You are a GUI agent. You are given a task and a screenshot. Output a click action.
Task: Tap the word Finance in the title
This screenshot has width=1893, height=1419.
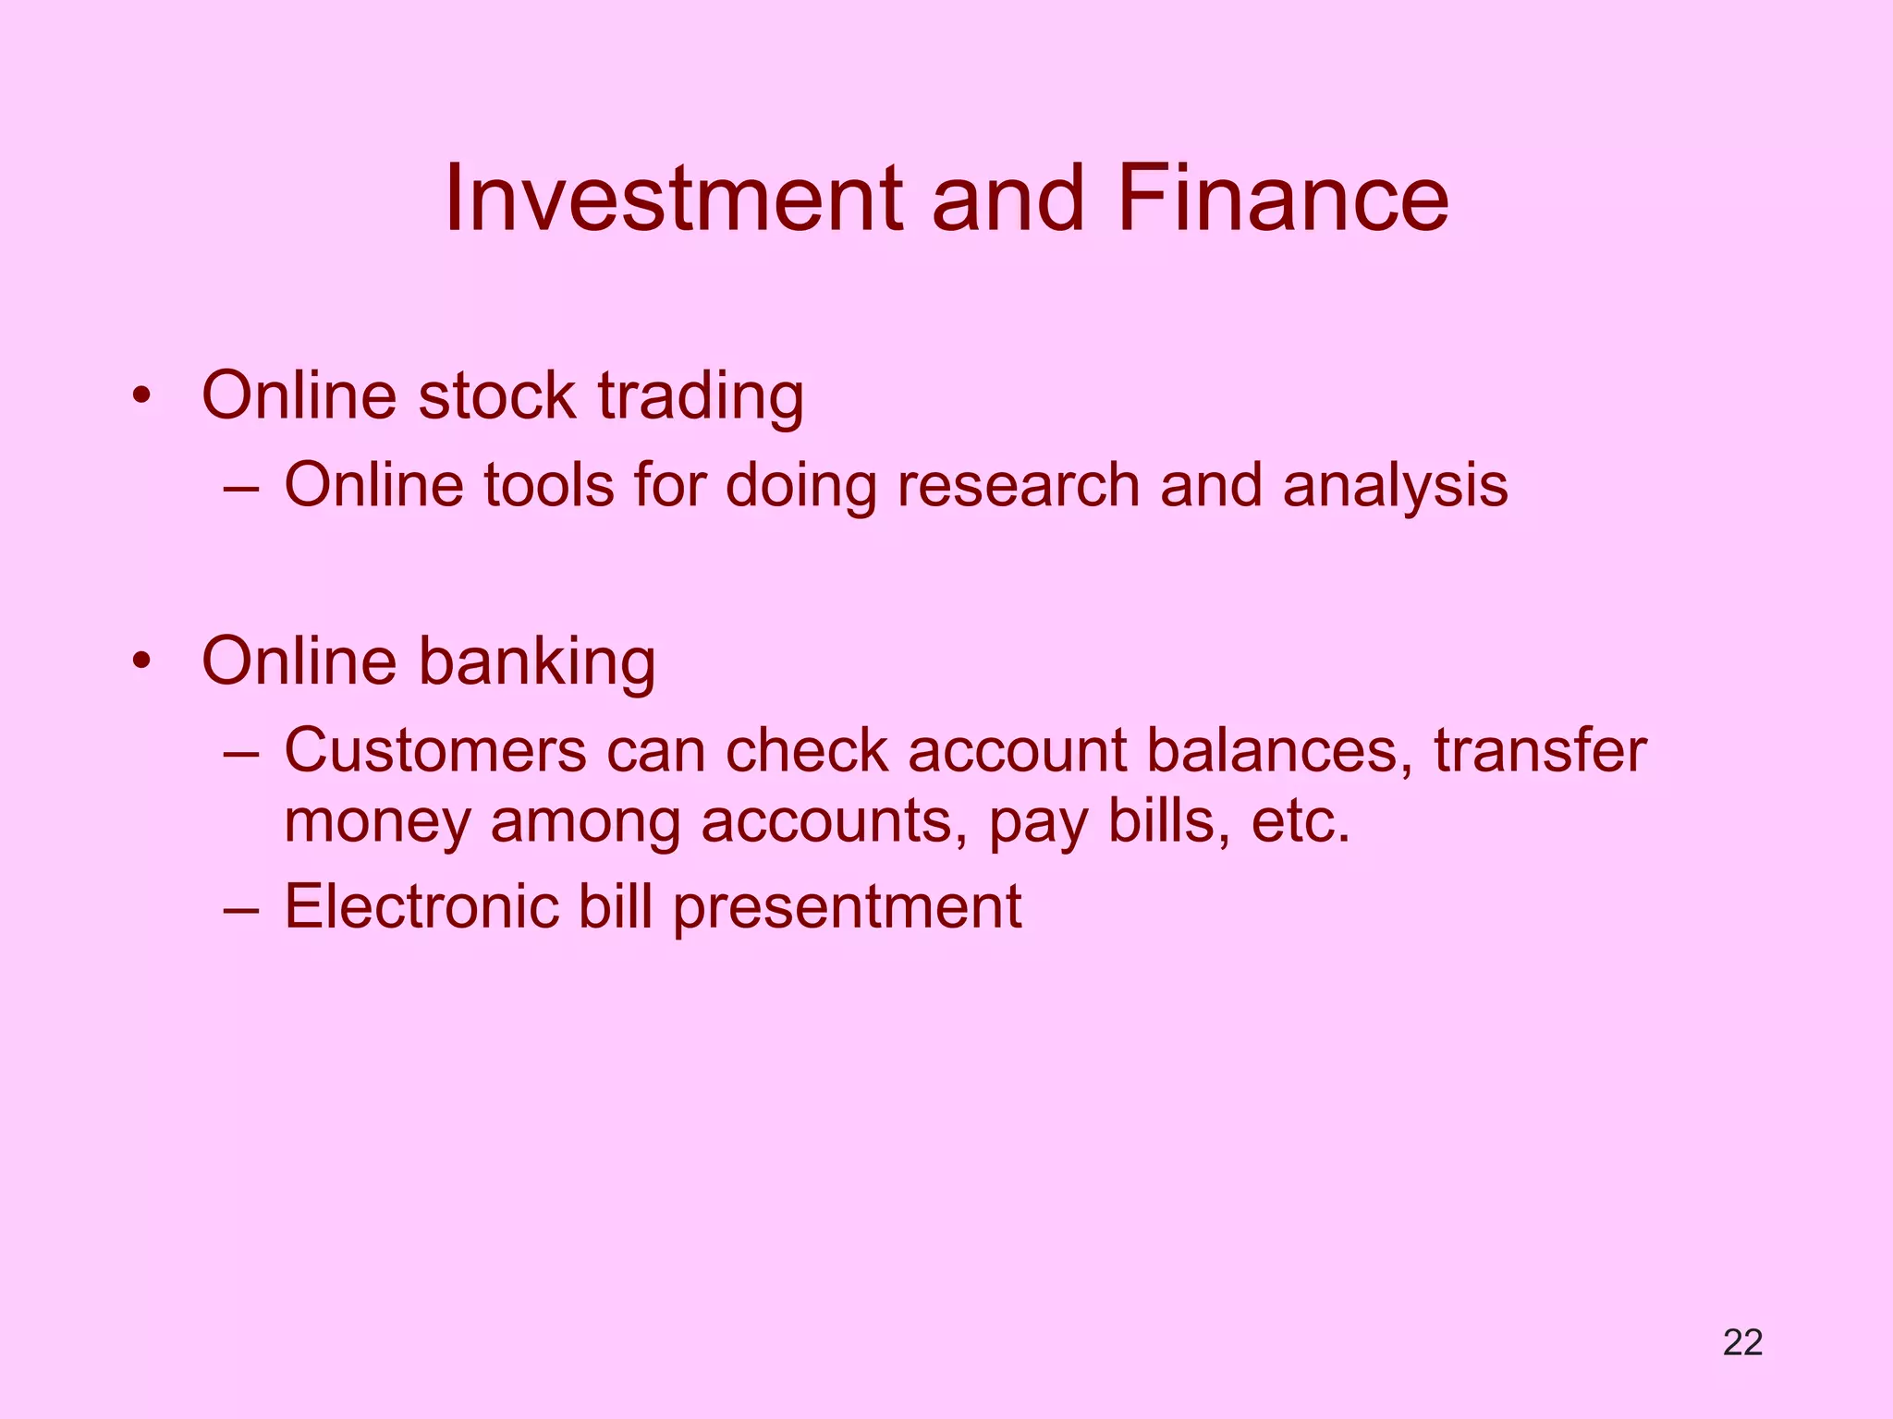point(1283,199)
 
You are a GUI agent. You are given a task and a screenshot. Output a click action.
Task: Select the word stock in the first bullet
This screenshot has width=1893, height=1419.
point(496,395)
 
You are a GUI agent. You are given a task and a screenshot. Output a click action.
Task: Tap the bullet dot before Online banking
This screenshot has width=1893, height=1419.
point(140,662)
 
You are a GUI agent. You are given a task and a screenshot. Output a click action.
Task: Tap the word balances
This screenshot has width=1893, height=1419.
point(1280,749)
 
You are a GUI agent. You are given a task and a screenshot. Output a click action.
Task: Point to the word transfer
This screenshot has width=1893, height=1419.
point(1540,749)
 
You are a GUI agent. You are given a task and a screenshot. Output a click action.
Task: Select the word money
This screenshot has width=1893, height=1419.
point(377,822)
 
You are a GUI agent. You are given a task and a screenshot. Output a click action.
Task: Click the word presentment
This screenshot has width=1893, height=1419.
point(846,907)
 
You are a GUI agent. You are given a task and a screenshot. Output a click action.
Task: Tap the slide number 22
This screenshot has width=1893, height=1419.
point(1742,1342)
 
